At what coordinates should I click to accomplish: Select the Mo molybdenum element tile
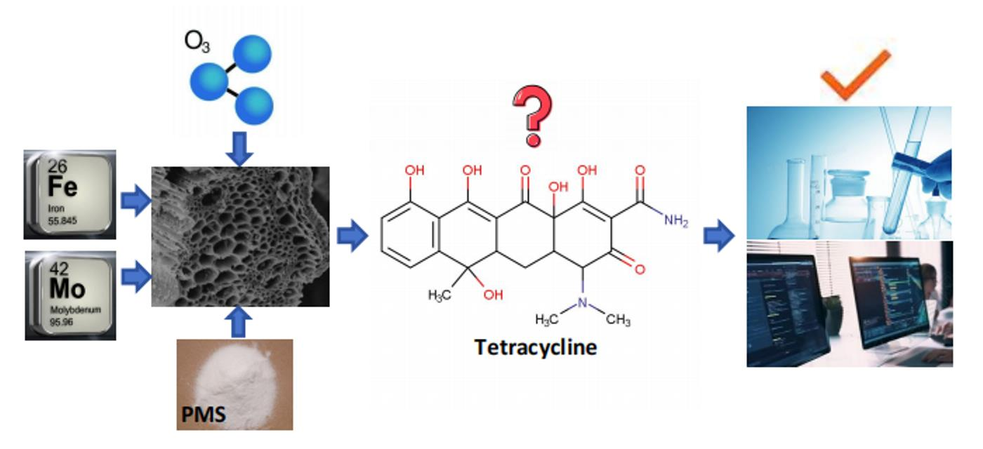point(70,295)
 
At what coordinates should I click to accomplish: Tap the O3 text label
point(197,43)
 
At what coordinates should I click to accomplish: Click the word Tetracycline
point(535,347)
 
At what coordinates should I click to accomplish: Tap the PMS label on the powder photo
point(204,414)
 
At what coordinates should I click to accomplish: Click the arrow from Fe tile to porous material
point(136,202)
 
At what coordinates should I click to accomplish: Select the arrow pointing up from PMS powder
point(240,322)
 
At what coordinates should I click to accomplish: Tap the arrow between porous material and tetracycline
point(352,236)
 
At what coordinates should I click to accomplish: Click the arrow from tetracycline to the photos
point(718,236)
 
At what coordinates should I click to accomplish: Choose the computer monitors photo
point(850,303)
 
